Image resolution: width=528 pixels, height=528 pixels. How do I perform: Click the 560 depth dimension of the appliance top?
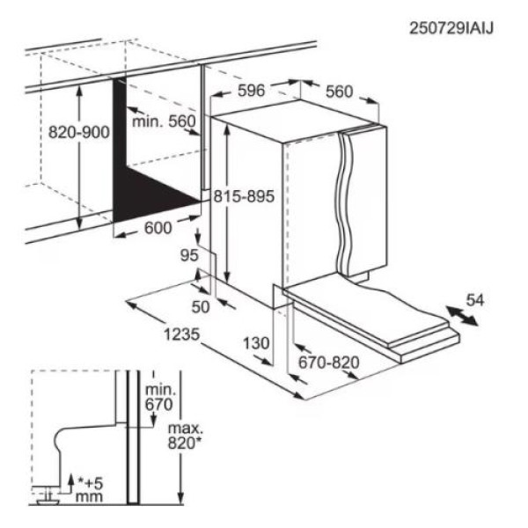point(339,91)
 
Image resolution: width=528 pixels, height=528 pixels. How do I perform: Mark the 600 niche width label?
point(157,226)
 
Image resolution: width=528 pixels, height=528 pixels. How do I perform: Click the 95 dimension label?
point(187,256)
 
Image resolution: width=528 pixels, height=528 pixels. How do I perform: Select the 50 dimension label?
point(201,305)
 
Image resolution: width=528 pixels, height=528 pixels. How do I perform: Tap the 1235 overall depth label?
point(184,334)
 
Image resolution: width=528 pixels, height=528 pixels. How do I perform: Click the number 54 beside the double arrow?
point(474,300)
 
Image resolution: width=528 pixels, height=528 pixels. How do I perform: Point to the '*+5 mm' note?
point(89,489)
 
